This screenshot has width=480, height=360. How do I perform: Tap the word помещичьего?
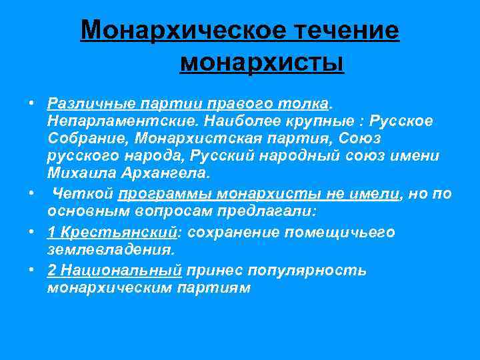[x=340, y=232]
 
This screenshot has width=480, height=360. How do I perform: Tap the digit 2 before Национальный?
[x=52, y=271]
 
